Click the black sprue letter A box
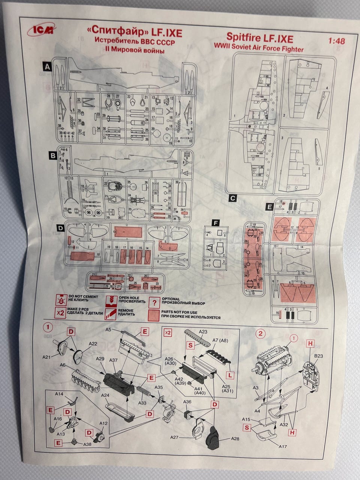47,67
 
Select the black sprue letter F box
215,223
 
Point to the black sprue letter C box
232,198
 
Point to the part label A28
235,438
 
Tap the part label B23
319,355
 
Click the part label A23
203,331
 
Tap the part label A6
63,365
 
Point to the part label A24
105,395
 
